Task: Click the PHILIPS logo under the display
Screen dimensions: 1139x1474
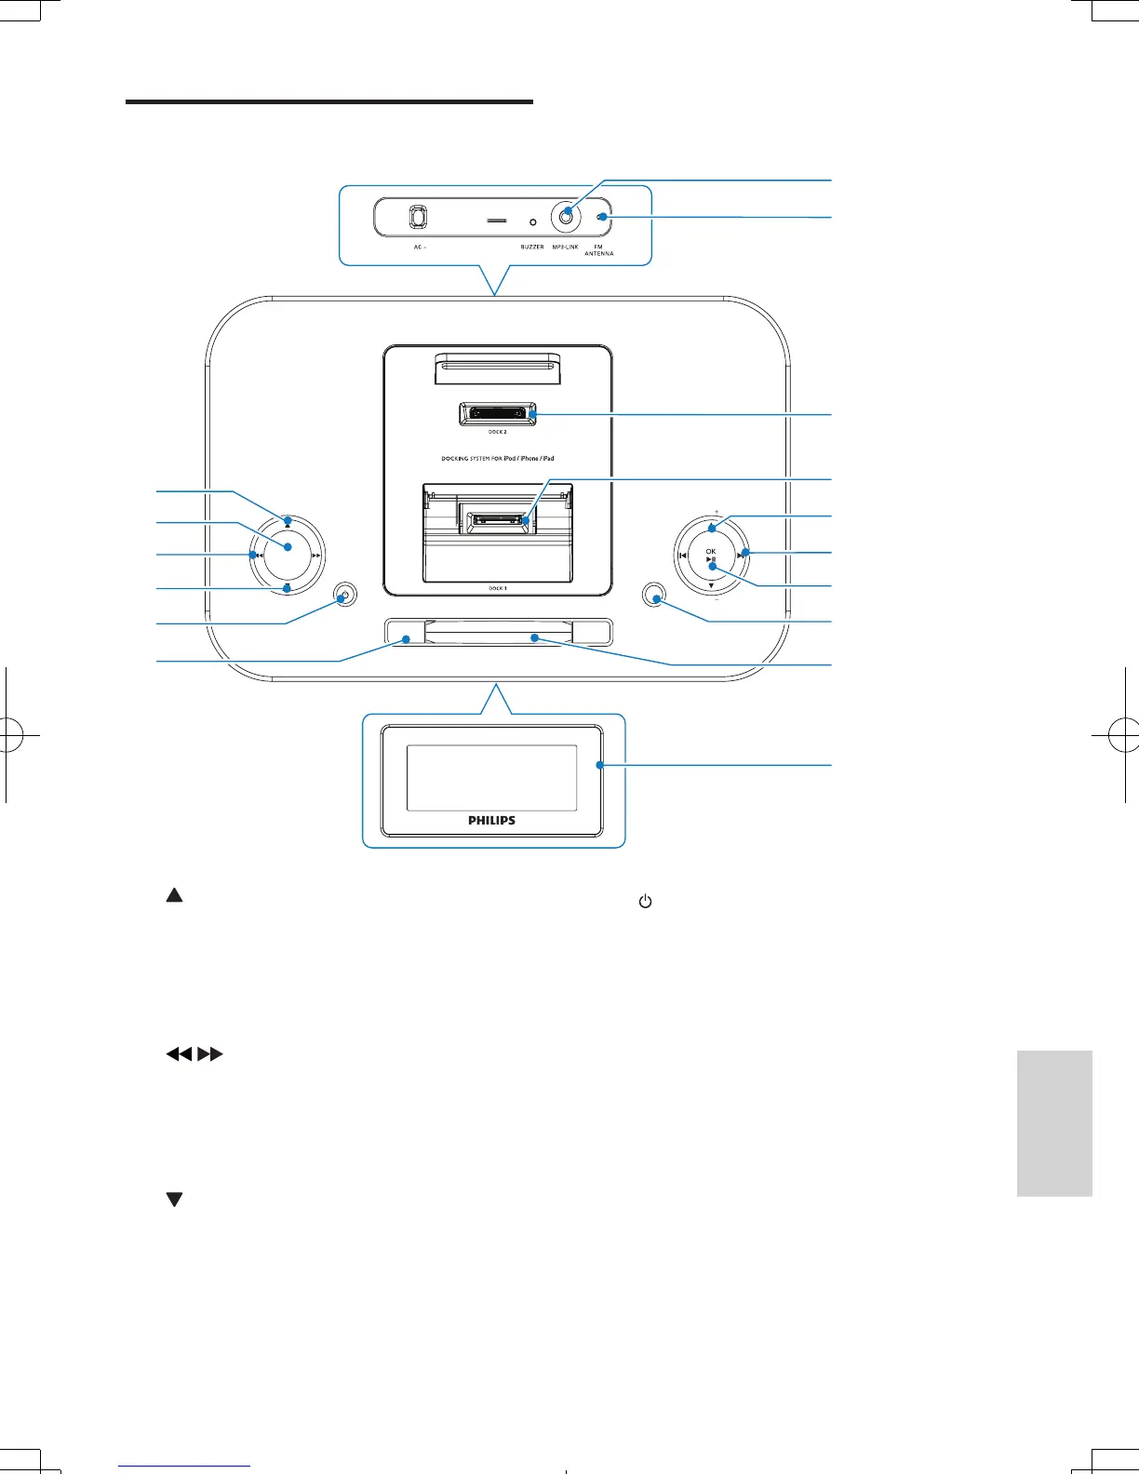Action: tap(492, 821)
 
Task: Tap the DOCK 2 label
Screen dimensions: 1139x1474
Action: tap(498, 432)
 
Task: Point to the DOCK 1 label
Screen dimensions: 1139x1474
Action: tap(498, 588)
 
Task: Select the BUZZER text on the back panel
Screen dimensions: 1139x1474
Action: tap(532, 247)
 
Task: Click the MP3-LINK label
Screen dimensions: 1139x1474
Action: tap(565, 247)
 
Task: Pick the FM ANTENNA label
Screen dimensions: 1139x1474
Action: tap(599, 249)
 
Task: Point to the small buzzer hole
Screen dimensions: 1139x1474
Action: tap(532, 222)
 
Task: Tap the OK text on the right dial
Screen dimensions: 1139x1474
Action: tap(711, 551)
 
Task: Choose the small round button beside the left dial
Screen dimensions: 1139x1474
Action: tap(345, 596)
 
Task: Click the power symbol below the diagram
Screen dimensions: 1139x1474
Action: tap(644, 902)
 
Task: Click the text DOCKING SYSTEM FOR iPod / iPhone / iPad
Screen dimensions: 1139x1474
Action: tap(498, 459)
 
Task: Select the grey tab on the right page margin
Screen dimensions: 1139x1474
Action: tap(1054, 1123)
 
